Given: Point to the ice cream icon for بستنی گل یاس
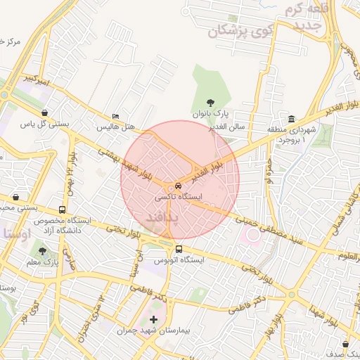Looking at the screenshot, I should pyautogui.click(x=45, y=112).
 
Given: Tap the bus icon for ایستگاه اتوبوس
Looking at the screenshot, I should pyautogui.click(x=178, y=249).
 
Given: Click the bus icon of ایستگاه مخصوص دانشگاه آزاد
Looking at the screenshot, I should pyautogui.click(x=63, y=210).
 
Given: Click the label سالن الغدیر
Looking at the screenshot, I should pyautogui.click(x=226, y=127).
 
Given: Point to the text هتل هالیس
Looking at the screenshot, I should pyautogui.click(x=115, y=128).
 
